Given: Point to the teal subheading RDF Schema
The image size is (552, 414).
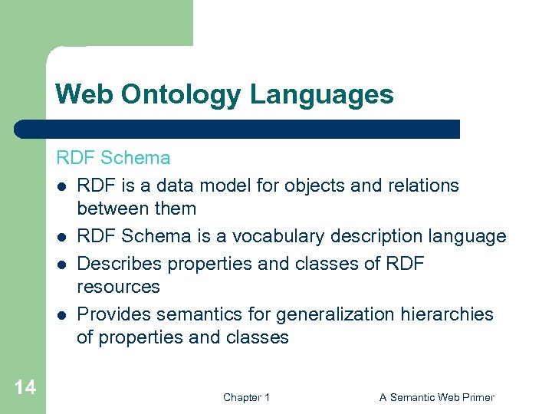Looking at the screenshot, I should point(113,158).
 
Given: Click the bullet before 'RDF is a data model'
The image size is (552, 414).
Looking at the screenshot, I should point(61,186).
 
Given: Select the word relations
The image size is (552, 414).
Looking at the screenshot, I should point(425,186).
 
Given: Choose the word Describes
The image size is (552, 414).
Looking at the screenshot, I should point(120,264).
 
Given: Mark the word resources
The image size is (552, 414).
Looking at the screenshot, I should point(118,287).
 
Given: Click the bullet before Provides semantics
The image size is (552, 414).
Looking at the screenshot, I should point(61,315).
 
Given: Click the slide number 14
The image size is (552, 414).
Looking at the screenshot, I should point(25,387).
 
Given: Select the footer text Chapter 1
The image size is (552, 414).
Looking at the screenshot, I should point(246,397).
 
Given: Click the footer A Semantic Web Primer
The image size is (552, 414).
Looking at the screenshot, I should point(436,397).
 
